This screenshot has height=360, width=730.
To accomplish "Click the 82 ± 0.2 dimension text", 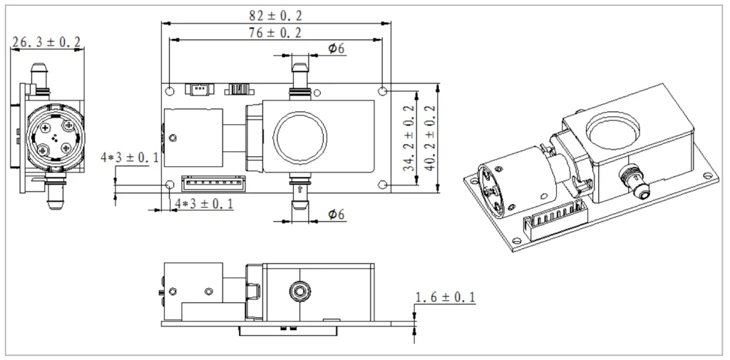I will click(277, 14).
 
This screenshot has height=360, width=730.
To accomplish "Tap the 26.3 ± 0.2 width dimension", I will click(46, 43).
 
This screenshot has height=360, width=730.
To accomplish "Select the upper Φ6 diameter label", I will click(336, 48).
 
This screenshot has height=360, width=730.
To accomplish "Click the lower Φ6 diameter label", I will click(336, 214).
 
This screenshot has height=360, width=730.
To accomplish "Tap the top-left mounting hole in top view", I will click(170, 91).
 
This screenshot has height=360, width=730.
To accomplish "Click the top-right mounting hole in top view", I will click(384, 91).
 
